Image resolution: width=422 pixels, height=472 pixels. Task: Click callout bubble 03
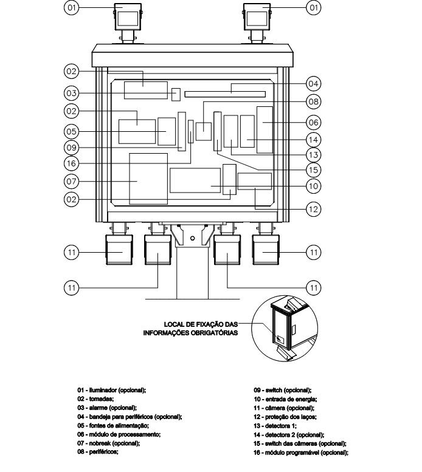pyautogui.click(x=71, y=93)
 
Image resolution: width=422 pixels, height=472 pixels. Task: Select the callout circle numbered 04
pyautogui.click(x=314, y=84)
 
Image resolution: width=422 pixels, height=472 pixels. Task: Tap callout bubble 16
pyautogui.click(x=71, y=163)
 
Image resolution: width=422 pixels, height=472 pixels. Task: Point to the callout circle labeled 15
pyautogui.click(x=314, y=170)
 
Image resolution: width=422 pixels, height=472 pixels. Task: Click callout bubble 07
pyautogui.click(x=71, y=182)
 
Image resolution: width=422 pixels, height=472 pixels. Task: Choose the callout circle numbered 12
pyautogui.click(x=314, y=209)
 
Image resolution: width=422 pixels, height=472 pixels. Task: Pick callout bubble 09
pyautogui.click(x=71, y=148)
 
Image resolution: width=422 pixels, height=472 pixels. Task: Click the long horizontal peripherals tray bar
pyautogui.click(x=225, y=94)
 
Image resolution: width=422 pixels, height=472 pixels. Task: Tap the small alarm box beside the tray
pyautogui.click(x=176, y=95)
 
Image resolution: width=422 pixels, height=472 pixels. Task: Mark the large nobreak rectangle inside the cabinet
pyautogui.click(x=148, y=179)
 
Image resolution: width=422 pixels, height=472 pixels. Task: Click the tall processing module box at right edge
pyautogui.click(x=265, y=130)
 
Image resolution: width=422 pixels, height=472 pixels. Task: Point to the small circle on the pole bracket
pyautogui.click(x=193, y=238)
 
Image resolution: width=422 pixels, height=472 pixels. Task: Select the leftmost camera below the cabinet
pyautogui.click(x=119, y=250)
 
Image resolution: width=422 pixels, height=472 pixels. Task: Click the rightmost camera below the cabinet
pyautogui.click(x=266, y=250)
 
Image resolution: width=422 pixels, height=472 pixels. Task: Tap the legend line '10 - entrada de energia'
pyautogui.click(x=285, y=399)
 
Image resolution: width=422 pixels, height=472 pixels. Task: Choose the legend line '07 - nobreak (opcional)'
pyautogui.click(x=108, y=443)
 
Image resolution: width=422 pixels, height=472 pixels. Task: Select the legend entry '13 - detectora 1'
pyautogui.click(x=275, y=426)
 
